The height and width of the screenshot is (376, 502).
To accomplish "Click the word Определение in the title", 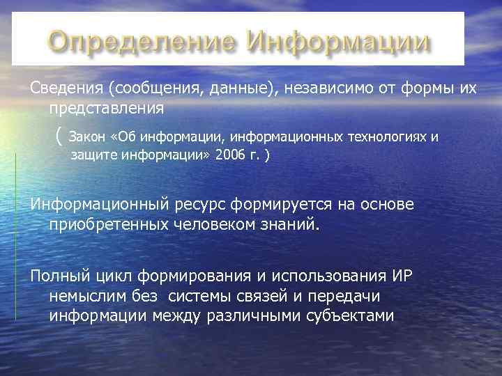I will [143, 42].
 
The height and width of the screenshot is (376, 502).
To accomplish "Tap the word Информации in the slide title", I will [339, 42].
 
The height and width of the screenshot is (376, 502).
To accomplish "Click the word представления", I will [107, 109].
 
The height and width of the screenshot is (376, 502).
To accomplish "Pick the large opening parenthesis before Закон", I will [56, 136].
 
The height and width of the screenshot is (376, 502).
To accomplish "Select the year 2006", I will [231, 155].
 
